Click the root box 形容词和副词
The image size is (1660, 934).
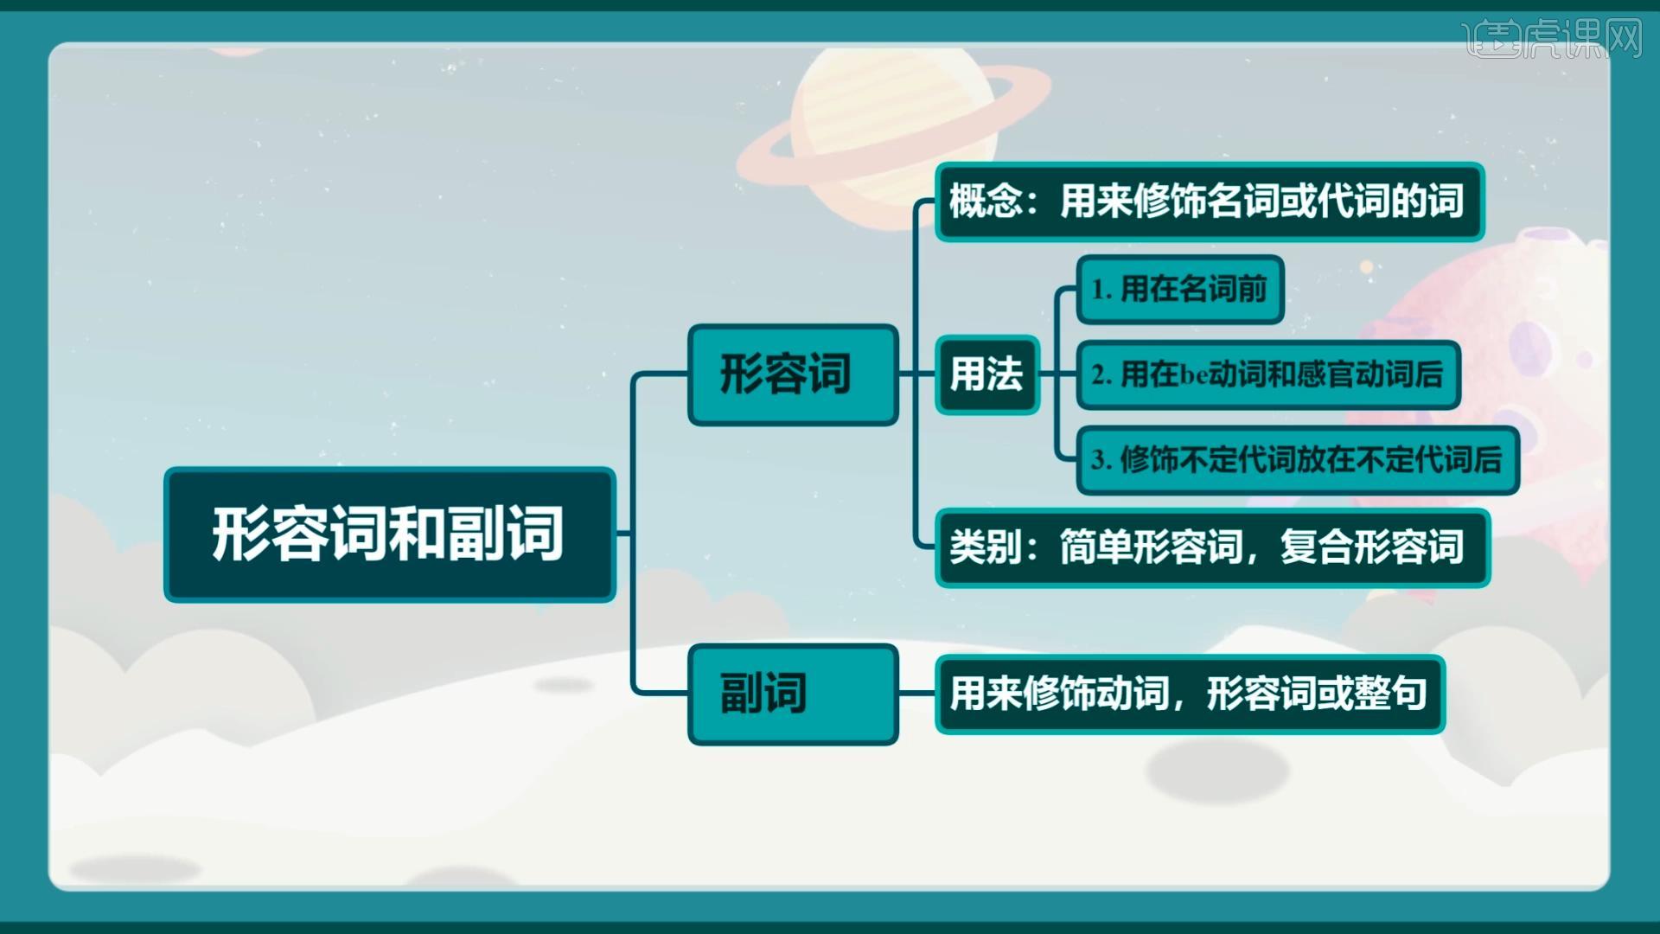(389, 534)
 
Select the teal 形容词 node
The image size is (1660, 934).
(792, 374)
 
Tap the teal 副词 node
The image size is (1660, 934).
(792, 694)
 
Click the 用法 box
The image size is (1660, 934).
(986, 374)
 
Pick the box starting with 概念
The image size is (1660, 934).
(1209, 202)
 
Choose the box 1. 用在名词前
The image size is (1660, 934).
(1179, 289)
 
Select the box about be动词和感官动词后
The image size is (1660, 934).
(1267, 374)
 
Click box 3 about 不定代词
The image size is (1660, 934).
(1297, 460)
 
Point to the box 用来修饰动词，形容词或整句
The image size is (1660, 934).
(1189, 694)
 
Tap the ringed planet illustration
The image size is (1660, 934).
(891, 130)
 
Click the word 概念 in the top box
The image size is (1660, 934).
(986, 202)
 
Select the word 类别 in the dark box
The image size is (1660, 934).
(986, 547)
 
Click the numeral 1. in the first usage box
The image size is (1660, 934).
(1101, 290)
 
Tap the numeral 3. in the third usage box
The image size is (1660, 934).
(1101, 460)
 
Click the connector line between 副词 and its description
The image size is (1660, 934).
(916, 694)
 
